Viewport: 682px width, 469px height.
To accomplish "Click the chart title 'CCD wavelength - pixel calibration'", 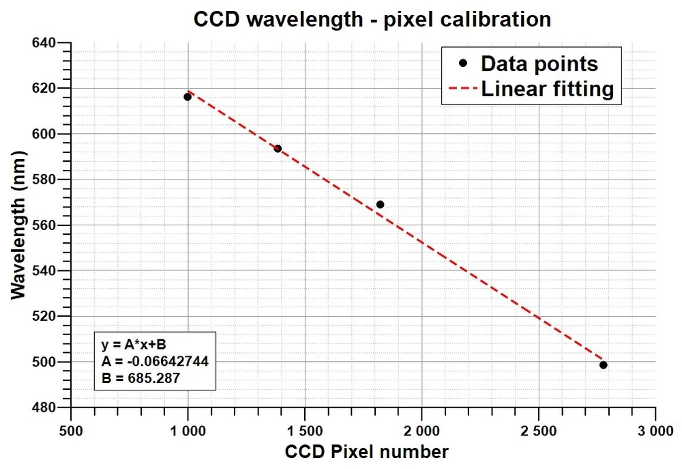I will [x=372, y=18].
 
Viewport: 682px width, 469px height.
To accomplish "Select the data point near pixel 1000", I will [x=188, y=97].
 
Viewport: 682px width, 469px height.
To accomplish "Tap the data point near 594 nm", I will [x=278, y=149].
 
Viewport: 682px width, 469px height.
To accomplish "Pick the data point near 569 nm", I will [x=380, y=205].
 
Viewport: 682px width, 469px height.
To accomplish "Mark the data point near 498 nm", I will [x=604, y=365].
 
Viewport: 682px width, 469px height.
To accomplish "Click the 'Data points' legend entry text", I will [x=539, y=63].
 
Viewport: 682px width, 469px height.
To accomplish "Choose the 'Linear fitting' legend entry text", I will [x=548, y=89].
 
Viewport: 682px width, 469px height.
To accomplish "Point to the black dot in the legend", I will [x=463, y=63].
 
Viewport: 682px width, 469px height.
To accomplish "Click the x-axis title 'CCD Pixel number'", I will [x=367, y=451].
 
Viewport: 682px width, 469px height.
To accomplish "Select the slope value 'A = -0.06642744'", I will [x=153, y=361].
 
